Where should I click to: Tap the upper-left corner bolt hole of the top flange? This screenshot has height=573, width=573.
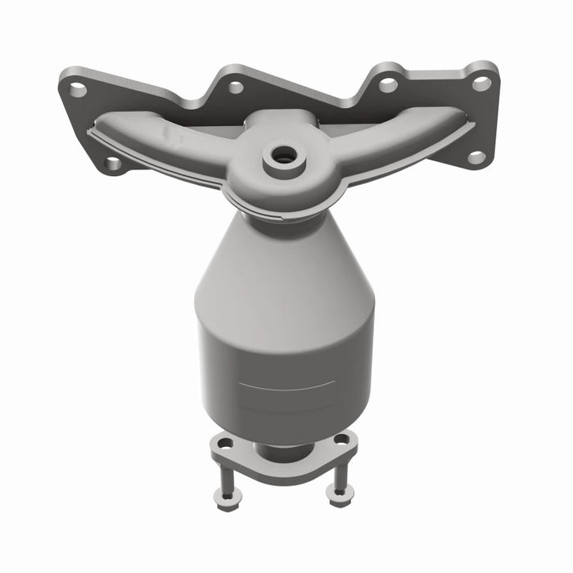click(x=77, y=89)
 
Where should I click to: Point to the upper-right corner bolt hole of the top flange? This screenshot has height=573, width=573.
click(x=482, y=82)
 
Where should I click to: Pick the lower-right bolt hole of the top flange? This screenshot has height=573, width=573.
click(x=476, y=156)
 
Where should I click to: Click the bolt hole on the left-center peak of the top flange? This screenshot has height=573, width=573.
click(x=235, y=87)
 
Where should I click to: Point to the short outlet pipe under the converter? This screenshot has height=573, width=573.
click(x=282, y=451)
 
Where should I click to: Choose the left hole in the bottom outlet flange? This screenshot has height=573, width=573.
click(x=224, y=443)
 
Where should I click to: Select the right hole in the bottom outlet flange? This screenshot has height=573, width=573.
click(x=342, y=440)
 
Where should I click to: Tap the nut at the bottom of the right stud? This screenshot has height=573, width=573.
click(x=336, y=492)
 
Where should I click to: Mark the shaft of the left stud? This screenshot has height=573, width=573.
click(x=224, y=475)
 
